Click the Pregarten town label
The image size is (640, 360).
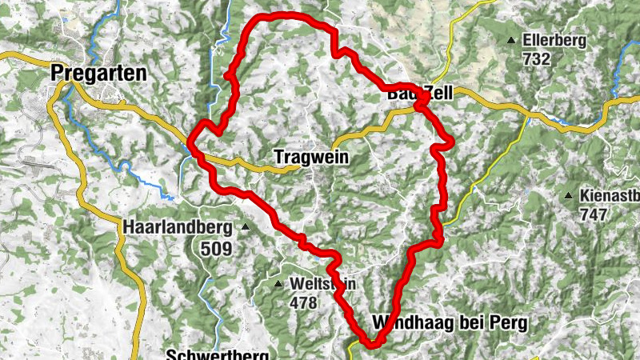click(x=98, y=73)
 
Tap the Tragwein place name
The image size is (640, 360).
click(x=311, y=158)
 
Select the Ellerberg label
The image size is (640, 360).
click(x=554, y=40)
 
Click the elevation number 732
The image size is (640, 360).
click(x=536, y=58)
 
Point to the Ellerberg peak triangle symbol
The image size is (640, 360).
click(x=510, y=40)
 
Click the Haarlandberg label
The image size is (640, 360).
click(x=178, y=227)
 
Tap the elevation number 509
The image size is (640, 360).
click(x=216, y=248)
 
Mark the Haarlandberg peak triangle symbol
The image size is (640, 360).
click(x=246, y=227)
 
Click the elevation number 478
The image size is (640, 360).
click(x=304, y=302)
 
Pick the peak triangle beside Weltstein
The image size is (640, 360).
click(x=278, y=284)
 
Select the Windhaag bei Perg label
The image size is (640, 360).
click(x=450, y=323)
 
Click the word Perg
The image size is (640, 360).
click(x=512, y=323)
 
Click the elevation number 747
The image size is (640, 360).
click(x=594, y=214)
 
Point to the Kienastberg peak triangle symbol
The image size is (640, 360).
click(x=568, y=195)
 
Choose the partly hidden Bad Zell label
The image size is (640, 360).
click(x=419, y=94)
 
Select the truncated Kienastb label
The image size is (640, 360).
click(x=608, y=195)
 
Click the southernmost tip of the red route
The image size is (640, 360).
click(x=370, y=345)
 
